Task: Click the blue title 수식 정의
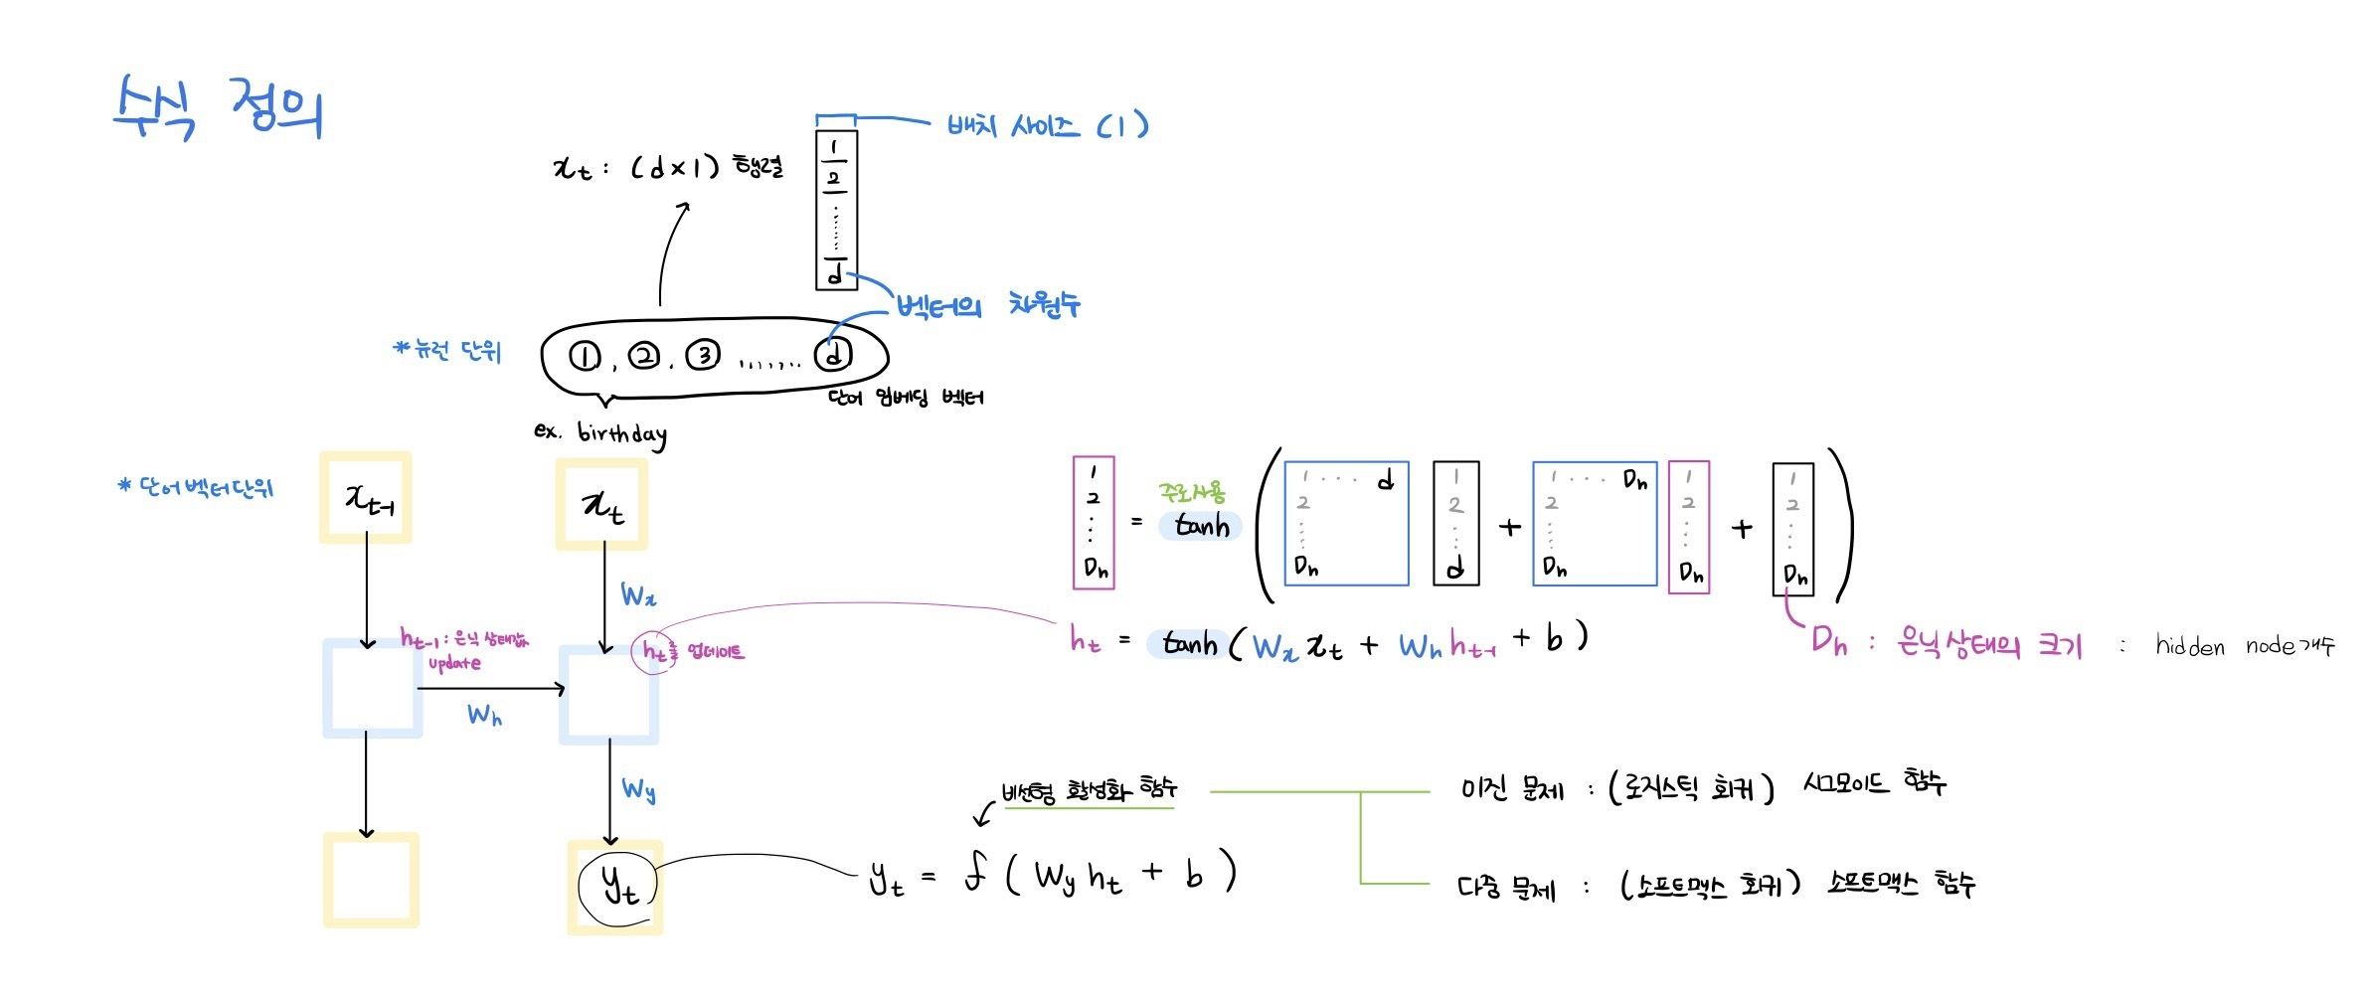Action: pyautogui.click(x=219, y=107)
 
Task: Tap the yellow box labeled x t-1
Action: pyautogui.click(x=366, y=497)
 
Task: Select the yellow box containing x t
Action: pyautogui.click(x=601, y=504)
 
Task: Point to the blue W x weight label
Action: pyautogui.click(x=638, y=595)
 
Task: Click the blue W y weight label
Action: pyautogui.click(x=638, y=790)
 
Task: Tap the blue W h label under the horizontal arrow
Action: pyautogui.click(x=484, y=715)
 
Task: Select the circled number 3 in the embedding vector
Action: pyautogui.click(x=703, y=355)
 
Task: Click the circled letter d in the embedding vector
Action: pyautogui.click(x=833, y=354)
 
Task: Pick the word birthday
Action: pyautogui.click(x=621, y=433)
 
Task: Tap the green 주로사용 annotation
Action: pyautogui.click(x=1191, y=492)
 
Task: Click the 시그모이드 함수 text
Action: pyautogui.click(x=1874, y=783)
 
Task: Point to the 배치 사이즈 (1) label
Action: pyautogui.click(x=1047, y=126)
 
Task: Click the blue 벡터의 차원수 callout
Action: pyautogui.click(x=988, y=305)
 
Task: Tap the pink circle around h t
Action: pyautogui.click(x=653, y=652)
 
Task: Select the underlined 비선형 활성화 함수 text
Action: pyautogui.click(x=1090, y=791)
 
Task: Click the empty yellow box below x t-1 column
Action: pyautogui.click(x=371, y=880)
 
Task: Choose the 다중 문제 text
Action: pyautogui.click(x=1505, y=887)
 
